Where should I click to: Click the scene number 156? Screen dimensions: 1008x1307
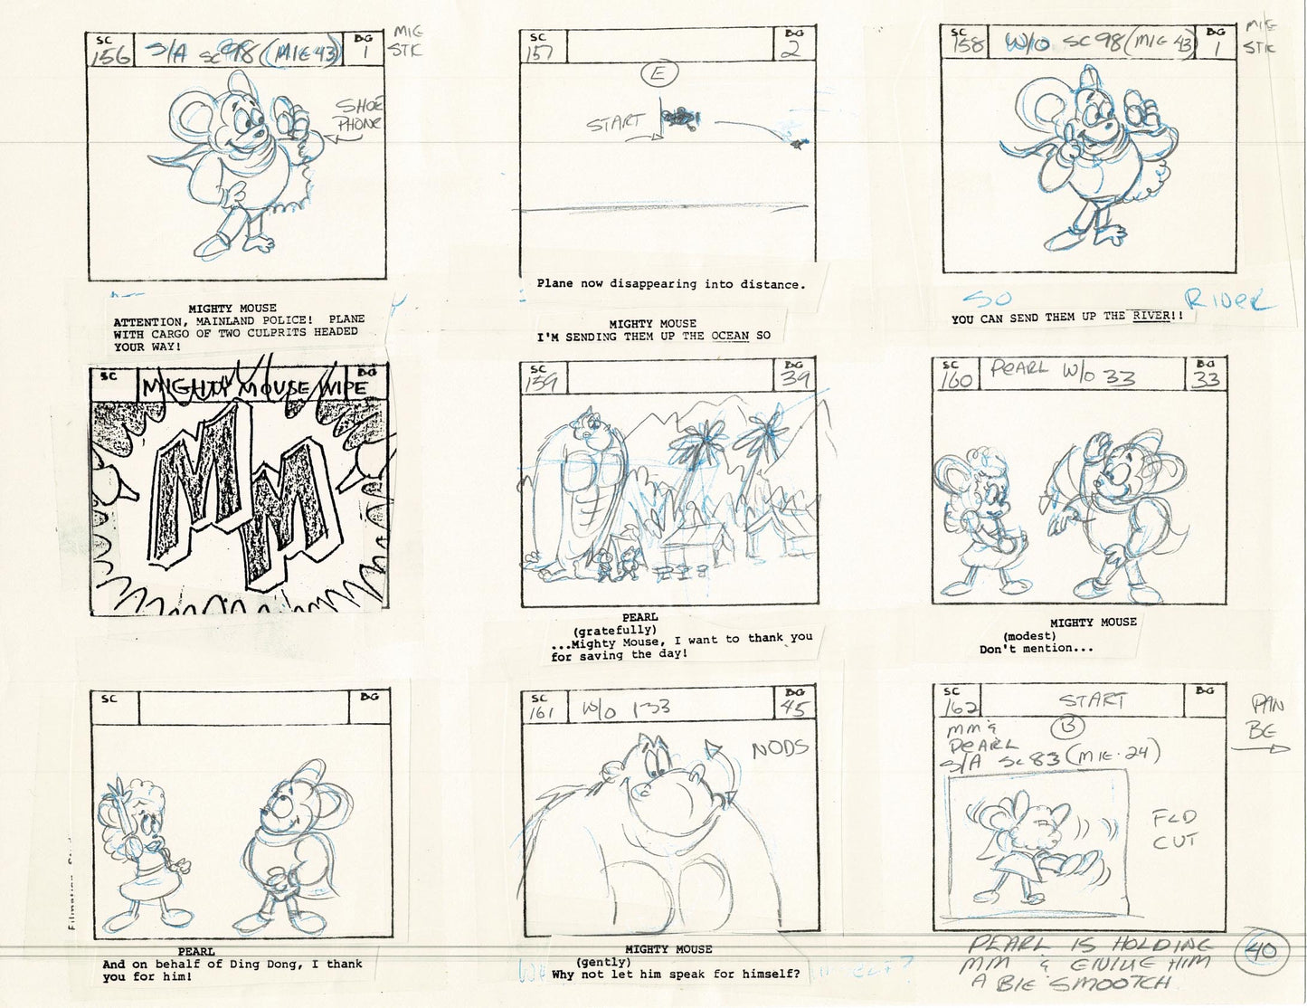[109, 56]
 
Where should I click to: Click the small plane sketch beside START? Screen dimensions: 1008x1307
[679, 116]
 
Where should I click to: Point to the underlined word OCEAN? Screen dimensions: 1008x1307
[730, 337]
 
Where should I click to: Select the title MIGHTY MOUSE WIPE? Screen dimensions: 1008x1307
[255, 387]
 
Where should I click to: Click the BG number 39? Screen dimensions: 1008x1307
[795, 378]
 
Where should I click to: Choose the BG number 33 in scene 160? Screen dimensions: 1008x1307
[1206, 377]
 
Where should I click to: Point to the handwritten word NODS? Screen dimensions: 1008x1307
[780, 748]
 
